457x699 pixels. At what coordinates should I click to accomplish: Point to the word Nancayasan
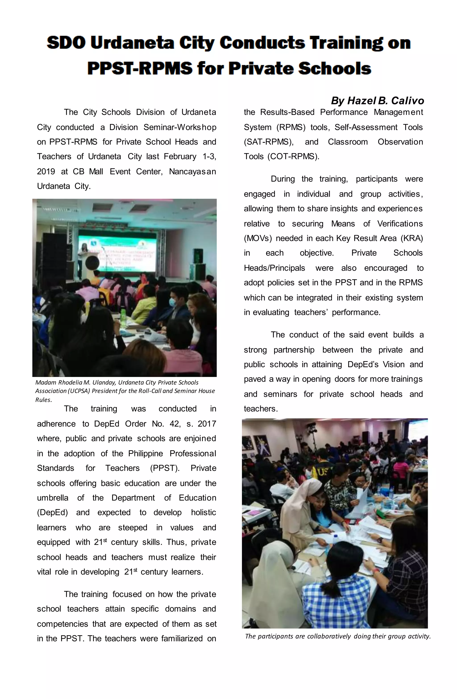point(192,172)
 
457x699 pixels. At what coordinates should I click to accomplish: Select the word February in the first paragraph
point(180,156)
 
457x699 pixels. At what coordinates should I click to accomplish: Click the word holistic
point(203,512)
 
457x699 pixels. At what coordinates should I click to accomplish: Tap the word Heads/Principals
point(274,268)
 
